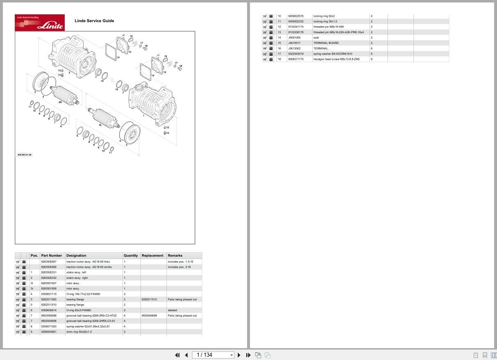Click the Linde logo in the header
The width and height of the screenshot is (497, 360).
pyautogui.click(x=40, y=23)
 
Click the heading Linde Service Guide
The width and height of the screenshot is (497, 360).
pyautogui.click(x=94, y=21)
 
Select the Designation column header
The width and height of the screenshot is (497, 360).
pyautogui.click(x=76, y=255)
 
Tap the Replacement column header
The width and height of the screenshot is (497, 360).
pyautogui.click(x=152, y=255)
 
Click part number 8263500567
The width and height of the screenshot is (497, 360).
pyautogui.click(x=49, y=262)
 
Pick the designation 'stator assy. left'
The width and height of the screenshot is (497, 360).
pyautogui.click(x=76, y=272)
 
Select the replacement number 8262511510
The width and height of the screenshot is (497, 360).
pyautogui.click(x=149, y=299)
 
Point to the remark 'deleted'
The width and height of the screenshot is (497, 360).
pyautogui.click(x=172, y=310)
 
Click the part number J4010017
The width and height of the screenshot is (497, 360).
pyautogui.click(x=294, y=43)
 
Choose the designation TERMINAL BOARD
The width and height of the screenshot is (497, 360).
pyautogui.click(x=326, y=43)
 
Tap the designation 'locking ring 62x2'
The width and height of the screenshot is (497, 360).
pyautogui.click(x=324, y=16)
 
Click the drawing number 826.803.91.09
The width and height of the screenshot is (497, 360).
pyautogui.click(x=24, y=155)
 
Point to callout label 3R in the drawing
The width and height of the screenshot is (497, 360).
pyautogui.click(x=60, y=102)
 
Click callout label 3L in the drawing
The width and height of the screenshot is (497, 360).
pyautogui.click(x=100, y=125)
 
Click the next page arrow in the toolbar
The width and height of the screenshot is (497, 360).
pyautogui.click(x=239, y=355)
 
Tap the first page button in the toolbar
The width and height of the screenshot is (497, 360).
pyautogui.click(x=177, y=355)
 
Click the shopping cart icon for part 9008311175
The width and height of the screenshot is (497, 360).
pyautogui.click(x=265, y=59)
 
